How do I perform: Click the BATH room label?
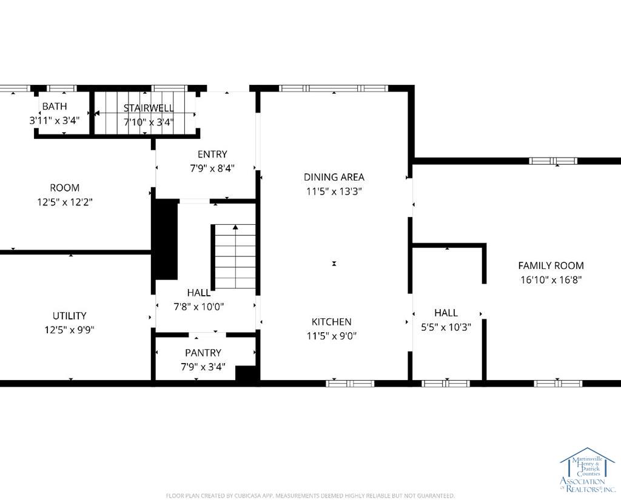pos(55,106)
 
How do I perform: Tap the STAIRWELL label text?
pos(149,108)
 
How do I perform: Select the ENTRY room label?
pos(212,154)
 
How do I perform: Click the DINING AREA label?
pos(334,177)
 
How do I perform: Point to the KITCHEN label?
pos(332,322)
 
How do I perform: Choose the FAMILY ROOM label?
pos(551,265)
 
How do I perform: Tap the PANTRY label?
pos(203,353)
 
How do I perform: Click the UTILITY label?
pos(69,315)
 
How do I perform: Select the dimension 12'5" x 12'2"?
pos(65,202)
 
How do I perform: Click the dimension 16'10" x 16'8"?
pos(551,280)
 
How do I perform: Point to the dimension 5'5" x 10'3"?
pos(446,327)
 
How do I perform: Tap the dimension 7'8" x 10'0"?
pos(199,307)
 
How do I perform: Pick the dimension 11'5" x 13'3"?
pos(334,192)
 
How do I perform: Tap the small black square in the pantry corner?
pos(246,373)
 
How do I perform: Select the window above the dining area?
pos(334,88)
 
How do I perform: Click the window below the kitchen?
pos(350,384)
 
